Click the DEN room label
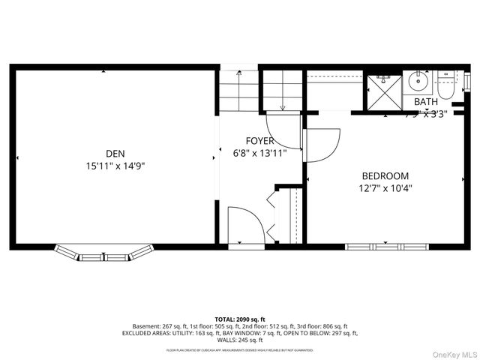[x=115, y=153]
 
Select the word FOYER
[x=260, y=141]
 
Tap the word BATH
[x=425, y=102]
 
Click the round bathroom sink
[x=418, y=82]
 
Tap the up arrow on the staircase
[x=239, y=74]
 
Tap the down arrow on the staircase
[x=282, y=108]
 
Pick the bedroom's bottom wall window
[x=386, y=246]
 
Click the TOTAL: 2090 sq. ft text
[x=240, y=319]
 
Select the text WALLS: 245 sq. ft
[x=240, y=340]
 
